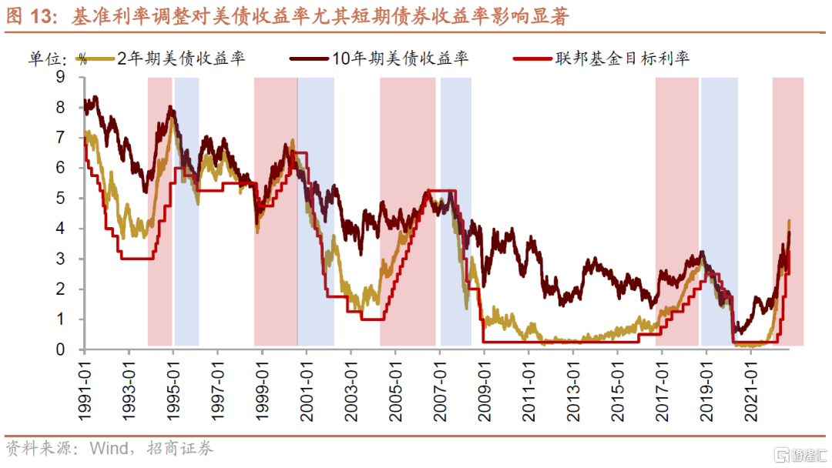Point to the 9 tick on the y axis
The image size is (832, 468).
(x=60, y=77)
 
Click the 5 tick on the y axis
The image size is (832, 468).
(x=60, y=198)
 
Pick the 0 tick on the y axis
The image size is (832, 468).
(x=60, y=349)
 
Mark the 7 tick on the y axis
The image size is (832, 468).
(x=60, y=138)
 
